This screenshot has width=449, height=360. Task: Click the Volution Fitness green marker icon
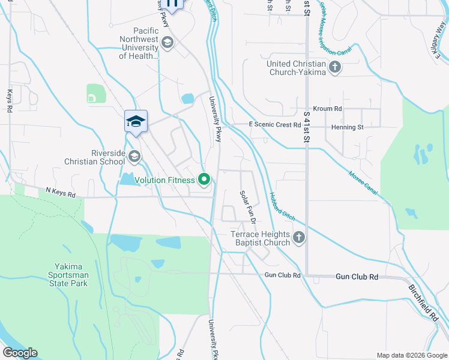point(204,179)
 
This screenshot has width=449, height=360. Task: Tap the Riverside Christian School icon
point(134,157)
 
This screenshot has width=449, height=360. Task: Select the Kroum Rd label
point(327,109)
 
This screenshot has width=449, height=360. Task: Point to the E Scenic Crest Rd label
point(275,125)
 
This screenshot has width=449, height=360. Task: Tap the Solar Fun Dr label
point(248,208)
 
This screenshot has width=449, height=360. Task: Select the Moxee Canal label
point(363,182)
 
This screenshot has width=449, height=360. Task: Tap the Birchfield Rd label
point(425,304)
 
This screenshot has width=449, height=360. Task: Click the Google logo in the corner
point(20,353)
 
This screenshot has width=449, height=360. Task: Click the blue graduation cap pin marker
point(136,122)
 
